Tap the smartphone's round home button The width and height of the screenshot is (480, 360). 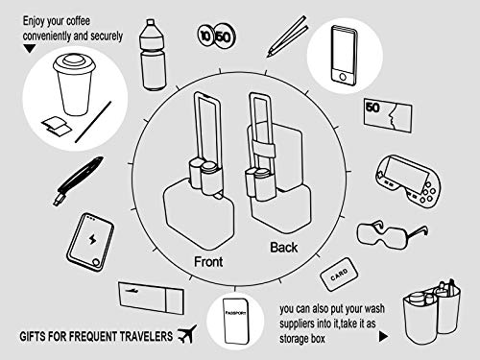(343, 75)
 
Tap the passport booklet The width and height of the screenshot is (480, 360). (233, 326)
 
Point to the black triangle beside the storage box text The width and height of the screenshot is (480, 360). (383, 337)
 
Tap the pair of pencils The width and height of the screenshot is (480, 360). (276, 37)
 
